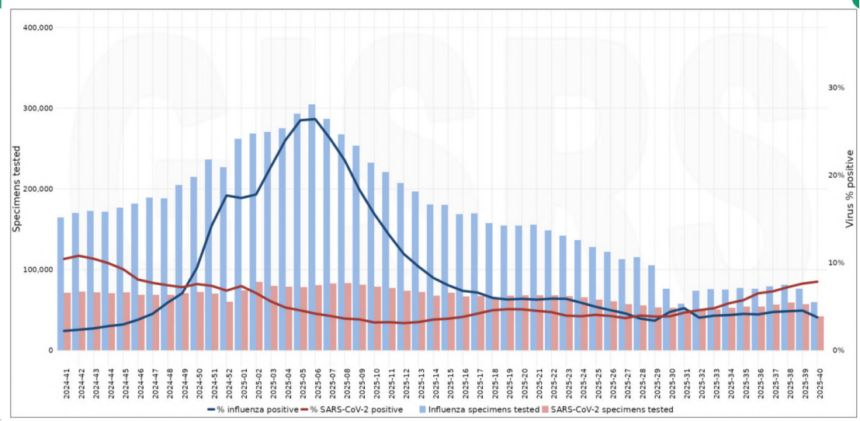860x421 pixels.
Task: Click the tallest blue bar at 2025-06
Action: tap(311, 225)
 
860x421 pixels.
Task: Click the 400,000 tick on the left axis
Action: tap(37, 27)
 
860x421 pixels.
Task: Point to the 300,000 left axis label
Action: tap(37, 108)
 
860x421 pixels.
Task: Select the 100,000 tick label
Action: tap(37, 270)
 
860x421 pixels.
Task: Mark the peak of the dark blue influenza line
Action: tap(314, 119)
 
